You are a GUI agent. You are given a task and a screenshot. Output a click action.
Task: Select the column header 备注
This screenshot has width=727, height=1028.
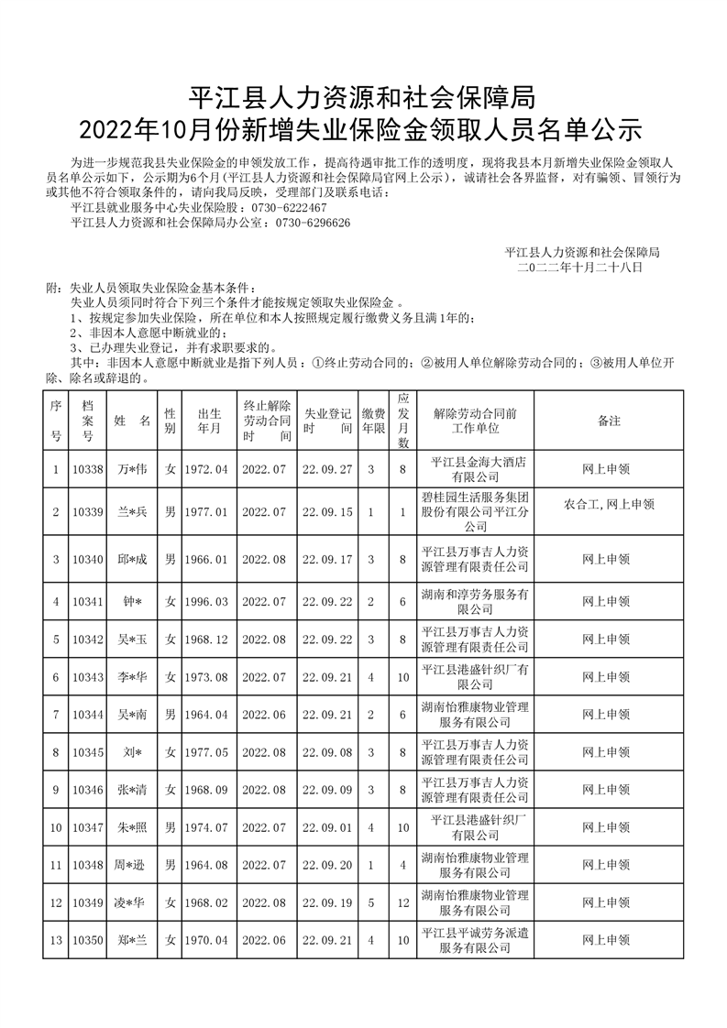click(608, 421)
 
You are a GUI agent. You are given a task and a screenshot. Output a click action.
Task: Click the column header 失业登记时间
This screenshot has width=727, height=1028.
click(327, 421)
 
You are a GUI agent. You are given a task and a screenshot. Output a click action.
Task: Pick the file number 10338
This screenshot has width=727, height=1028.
click(88, 469)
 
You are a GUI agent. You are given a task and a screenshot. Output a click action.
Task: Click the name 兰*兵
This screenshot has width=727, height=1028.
click(132, 512)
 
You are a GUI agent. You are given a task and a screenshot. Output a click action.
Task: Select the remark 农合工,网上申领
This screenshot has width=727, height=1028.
click(609, 504)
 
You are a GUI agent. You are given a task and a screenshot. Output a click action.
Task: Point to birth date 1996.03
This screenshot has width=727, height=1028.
click(205, 601)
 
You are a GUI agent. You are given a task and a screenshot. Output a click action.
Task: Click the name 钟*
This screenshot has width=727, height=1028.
click(132, 601)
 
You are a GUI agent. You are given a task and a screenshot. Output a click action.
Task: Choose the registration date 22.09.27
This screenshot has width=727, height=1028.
click(327, 469)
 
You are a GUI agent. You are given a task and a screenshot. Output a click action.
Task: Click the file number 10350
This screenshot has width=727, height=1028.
click(88, 939)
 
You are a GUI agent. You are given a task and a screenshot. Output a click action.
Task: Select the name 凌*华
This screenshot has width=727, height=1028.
click(132, 902)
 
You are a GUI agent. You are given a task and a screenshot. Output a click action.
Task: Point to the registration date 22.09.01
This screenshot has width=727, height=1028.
click(327, 827)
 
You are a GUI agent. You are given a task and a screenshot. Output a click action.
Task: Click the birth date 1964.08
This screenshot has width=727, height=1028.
click(205, 865)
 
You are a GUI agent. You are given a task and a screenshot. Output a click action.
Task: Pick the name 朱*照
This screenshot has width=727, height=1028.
click(132, 827)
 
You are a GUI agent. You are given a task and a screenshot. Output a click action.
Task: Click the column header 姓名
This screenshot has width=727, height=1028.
click(132, 421)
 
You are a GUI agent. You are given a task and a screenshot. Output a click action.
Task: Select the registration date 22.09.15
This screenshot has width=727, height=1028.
click(327, 512)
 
